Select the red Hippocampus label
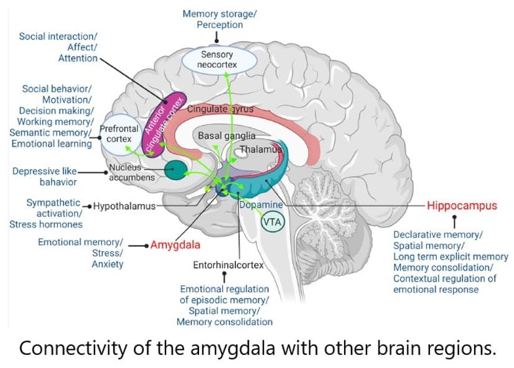(x=462, y=205)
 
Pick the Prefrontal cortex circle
(x=118, y=134)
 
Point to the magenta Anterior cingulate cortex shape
(x=158, y=124)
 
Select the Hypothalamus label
(x=124, y=206)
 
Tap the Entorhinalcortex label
(x=228, y=265)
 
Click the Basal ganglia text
(x=226, y=135)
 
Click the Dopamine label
(x=261, y=205)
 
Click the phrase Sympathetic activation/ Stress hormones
(x=47, y=213)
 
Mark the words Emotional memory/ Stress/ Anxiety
(x=81, y=252)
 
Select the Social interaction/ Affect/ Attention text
(x=59, y=47)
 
